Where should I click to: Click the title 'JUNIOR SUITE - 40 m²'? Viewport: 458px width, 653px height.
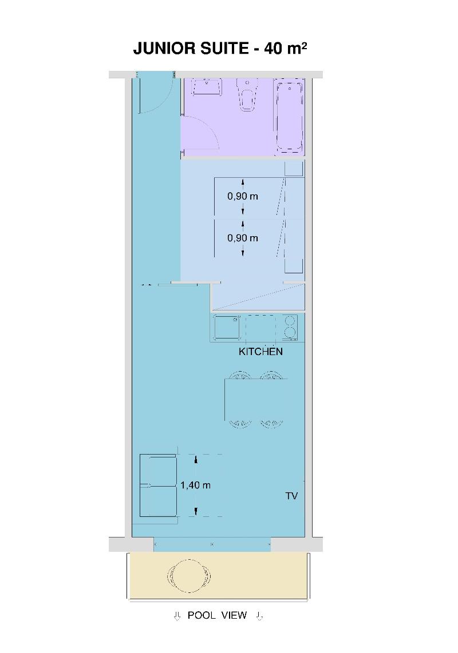tap(220, 48)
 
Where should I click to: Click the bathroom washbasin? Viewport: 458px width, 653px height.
tap(207, 86)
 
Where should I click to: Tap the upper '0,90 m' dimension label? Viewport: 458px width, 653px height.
tap(242, 196)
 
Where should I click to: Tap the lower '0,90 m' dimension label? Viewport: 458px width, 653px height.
tap(242, 238)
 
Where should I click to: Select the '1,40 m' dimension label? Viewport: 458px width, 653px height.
tap(195, 485)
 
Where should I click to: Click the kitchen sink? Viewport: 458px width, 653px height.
tap(227, 327)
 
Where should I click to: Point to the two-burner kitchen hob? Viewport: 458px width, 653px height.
tap(289, 328)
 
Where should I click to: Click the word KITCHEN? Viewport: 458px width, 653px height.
tap(260, 352)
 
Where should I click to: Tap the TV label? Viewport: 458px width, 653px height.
tap(291, 496)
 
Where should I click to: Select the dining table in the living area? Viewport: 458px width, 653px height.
tap(255, 400)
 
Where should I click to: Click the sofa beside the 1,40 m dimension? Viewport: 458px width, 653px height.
tap(157, 485)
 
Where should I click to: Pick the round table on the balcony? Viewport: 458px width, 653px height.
tap(188, 576)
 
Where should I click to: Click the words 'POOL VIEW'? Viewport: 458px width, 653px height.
tap(217, 615)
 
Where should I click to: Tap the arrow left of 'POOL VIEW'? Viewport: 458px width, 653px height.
tap(177, 616)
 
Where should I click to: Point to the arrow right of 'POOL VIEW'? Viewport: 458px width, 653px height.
tap(259, 616)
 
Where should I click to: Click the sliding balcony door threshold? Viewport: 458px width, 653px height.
tap(212, 544)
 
